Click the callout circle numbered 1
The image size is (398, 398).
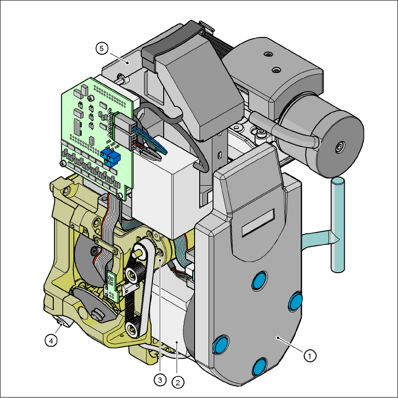tap(310, 356)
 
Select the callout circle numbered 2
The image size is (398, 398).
tap(178, 382)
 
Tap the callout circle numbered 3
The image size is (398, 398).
tap(160, 380)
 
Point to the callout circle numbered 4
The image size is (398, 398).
tap(51, 340)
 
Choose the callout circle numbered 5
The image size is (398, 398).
tap(102, 49)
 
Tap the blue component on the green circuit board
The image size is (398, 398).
tap(110, 156)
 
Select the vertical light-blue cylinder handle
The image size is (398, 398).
tap(338, 225)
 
